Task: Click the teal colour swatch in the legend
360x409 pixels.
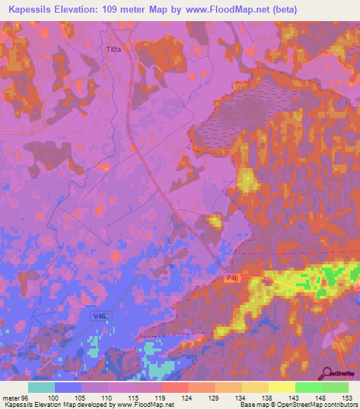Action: point(41,387)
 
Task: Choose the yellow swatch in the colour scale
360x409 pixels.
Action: point(282,387)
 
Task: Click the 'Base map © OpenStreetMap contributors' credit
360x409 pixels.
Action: point(296,404)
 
